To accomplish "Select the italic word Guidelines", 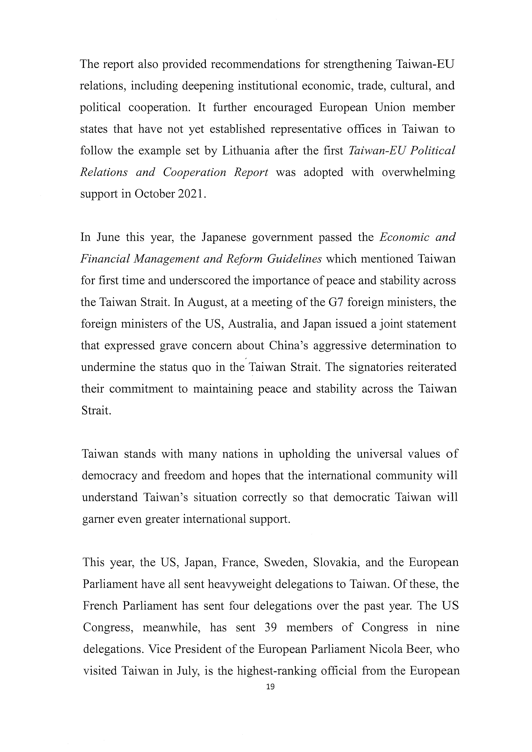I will (294, 259).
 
